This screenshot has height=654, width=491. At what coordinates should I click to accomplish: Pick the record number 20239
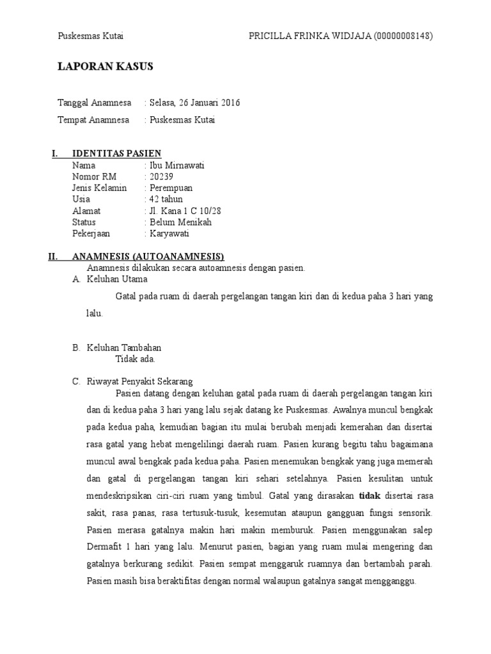pos(162,177)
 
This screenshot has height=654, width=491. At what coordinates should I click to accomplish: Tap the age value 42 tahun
pos(166,199)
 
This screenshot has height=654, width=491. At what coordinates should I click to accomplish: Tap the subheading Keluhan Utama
pos(117,279)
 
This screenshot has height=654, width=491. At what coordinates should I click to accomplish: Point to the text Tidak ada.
pos(135,359)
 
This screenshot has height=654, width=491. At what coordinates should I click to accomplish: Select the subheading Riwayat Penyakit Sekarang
pos(140,382)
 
